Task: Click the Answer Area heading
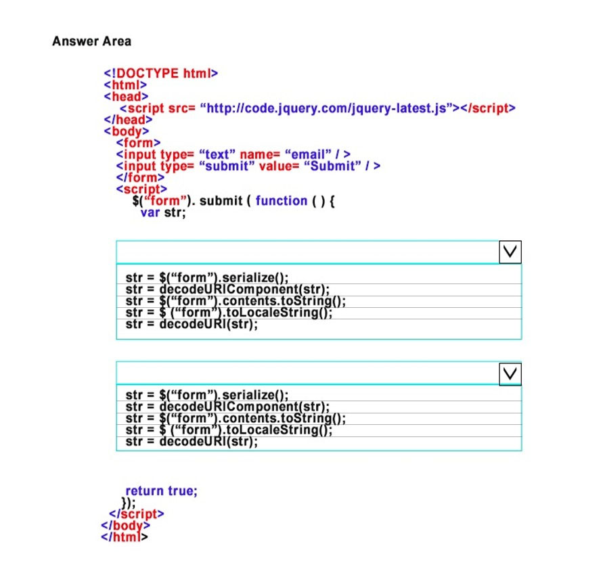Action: click(x=91, y=41)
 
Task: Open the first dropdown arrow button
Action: click(x=510, y=252)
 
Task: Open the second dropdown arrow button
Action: click(x=510, y=373)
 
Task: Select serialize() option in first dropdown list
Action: click(x=207, y=277)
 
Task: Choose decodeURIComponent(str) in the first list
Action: click(x=227, y=290)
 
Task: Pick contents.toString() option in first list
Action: click(x=236, y=301)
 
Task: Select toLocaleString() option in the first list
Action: click(x=229, y=313)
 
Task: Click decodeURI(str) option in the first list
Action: click(x=192, y=325)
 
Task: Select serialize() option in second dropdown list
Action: click(x=207, y=394)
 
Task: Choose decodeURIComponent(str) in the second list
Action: click(x=227, y=407)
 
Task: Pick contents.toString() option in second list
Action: click(x=236, y=418)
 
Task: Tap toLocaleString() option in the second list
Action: click(x=229, y=430)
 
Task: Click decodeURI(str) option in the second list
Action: click(x=192, y=442)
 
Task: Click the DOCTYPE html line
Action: click(x=161, y=73)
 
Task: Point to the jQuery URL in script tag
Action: click(x=326, y=108)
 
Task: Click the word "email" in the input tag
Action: click(x=308, y=154)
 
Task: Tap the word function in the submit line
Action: click(x=282, y=201)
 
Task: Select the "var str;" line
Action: click(x=163, y=212)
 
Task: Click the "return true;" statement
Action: click(x=161, y=491)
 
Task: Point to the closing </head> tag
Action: click(x=128, y=120)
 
